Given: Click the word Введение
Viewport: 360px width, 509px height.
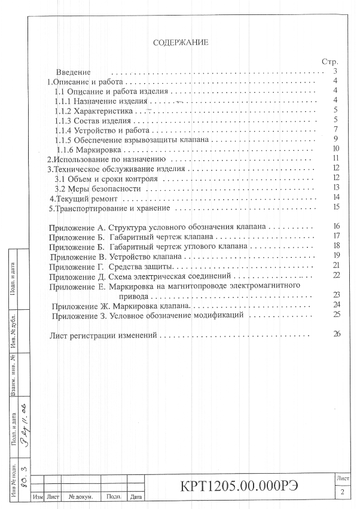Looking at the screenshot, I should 74,71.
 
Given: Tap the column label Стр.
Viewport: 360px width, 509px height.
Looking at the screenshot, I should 330,61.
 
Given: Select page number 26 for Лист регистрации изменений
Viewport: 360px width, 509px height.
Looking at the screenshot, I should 337,334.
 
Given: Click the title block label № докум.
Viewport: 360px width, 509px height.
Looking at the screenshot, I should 80,496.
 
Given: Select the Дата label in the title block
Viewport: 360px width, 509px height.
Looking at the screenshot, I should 136,496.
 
